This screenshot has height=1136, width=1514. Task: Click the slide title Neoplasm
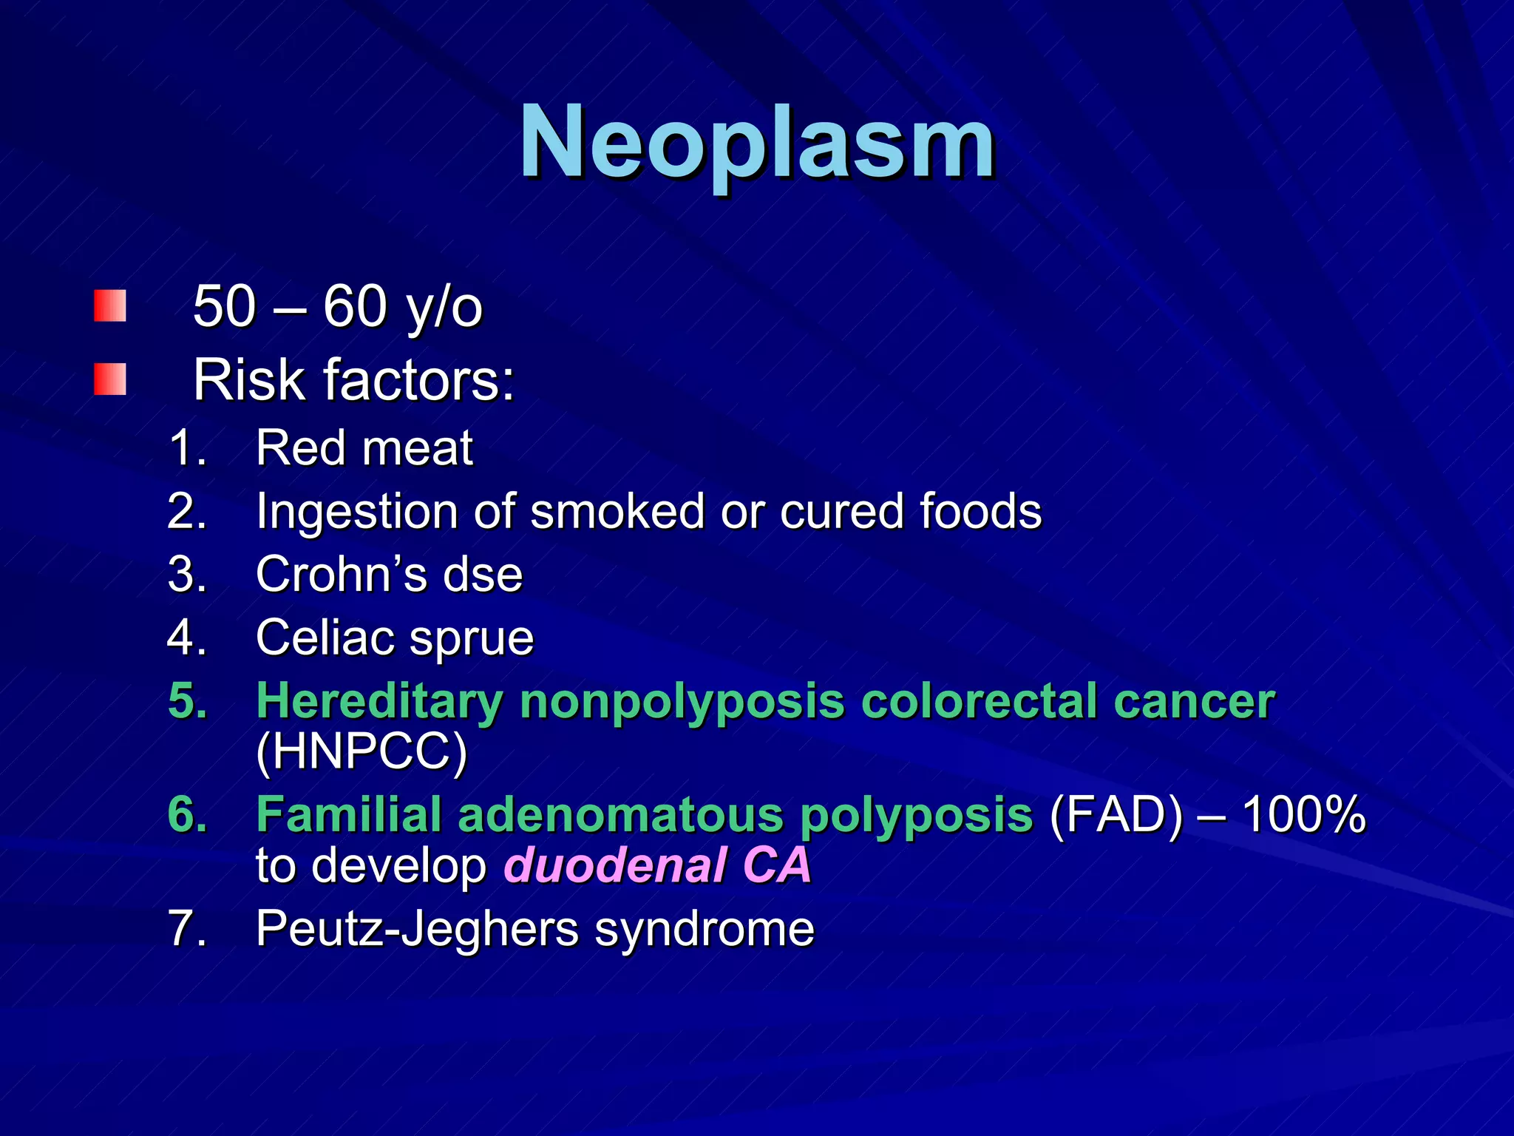pos(757,142)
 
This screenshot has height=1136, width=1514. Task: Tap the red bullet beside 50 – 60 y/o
pos(110,306)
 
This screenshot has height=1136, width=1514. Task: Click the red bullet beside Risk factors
pos(110,379)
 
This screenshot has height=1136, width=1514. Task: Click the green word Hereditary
pos(379,700)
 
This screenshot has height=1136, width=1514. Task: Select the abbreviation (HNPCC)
pos(361,752)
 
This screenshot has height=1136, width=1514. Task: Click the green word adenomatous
pos(619,815)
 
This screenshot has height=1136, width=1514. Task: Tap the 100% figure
pos(1304,815)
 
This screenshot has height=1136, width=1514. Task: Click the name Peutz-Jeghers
pos(417,929)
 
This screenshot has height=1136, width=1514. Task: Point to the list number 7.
pos(183,929)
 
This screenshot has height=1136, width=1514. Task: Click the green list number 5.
pos(186,700)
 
